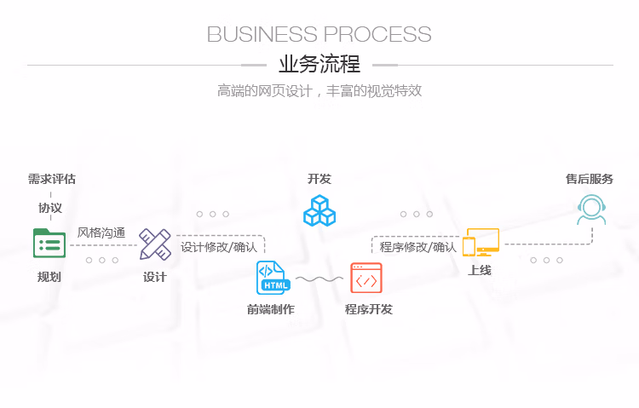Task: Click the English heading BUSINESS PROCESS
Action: pyautogui.click(x=319, y=34)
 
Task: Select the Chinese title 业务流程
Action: pyautogui.click(x=319, y=65)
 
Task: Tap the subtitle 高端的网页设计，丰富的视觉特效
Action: pyautogui.click(x=319, y=90)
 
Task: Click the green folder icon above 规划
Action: pyautogui.click(x=49, y=244)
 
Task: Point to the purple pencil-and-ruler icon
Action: pyautogui.click(x=155, y=244)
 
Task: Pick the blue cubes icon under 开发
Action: pyautogui.click(x=319, y=210)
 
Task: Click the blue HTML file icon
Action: pyautogui.click(x=273, y=278)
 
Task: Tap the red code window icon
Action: pyautogui.click(x=366, y=278)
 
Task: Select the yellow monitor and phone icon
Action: pyautogui.click(x=481, y=242)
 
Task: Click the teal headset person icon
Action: pyautogui.click(x=592, y=210)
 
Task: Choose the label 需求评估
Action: pyautogui.click(x=52, y=179)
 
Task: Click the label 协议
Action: pyautogui.click(x=50, y=208)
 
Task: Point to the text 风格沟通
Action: pyautogui.click(x=101, y=233)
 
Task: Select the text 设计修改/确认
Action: pyautogui.click(x=219, y=247)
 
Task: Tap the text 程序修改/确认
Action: pyautogui.click(x=417, y=247)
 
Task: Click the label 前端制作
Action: pyautogui.click(x=271, y=309)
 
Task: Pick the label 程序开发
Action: pyautogui.click(x=369, y=309)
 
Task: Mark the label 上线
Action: pyautogui.click(x=480, y=270)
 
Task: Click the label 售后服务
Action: pyautogui.click(x=590, y=179)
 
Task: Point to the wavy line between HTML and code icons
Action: pyautogui.click(x=319, y=279)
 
